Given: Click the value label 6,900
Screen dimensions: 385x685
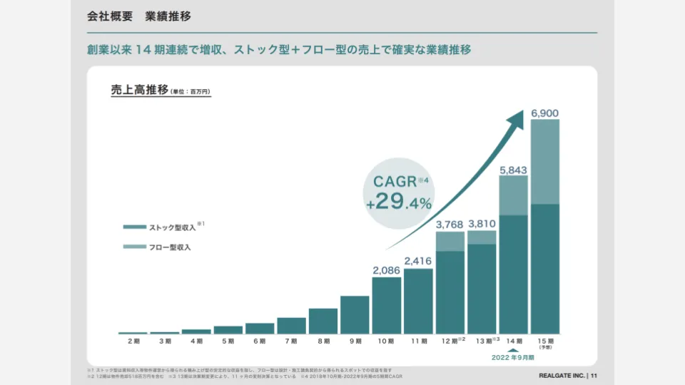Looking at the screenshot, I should tap(545, 112).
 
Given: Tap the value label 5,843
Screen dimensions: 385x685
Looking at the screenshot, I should tap(513, 169).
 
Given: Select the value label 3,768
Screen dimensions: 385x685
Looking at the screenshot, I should tap(450, 225).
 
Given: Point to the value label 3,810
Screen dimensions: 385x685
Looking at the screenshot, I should tap(482, 224).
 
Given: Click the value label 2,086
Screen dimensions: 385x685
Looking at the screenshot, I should tap(386, 270).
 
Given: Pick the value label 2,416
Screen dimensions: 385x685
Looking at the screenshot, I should tap(418, 262).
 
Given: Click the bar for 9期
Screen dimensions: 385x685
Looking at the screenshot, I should tap(355, 314).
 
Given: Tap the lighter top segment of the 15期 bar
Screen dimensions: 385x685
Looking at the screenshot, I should tap(545, 162).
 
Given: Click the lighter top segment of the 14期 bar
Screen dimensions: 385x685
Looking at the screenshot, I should tap(513, 195).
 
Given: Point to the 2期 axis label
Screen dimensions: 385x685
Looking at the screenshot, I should tap(133, 342).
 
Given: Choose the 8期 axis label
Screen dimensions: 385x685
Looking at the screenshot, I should tap(323, 342).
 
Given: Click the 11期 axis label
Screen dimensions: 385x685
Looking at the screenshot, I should tap(418, 342).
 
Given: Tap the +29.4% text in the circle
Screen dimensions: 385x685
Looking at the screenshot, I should tap(400, 202).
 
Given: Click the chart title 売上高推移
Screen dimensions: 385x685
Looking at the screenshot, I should tap(140, 91).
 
